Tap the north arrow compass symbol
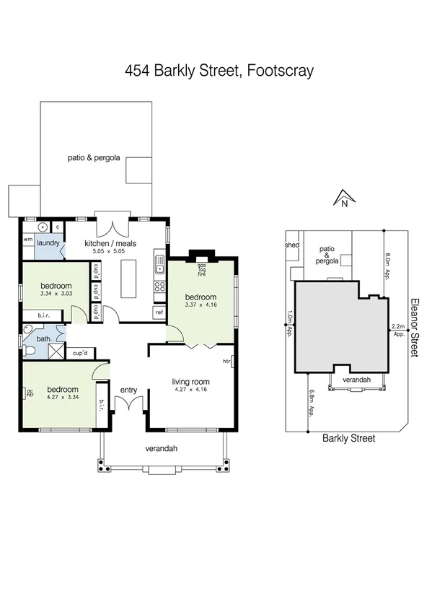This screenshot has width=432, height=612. point(344,198)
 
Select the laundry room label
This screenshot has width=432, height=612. point(48,244)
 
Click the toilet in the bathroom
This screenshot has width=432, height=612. point(30,351)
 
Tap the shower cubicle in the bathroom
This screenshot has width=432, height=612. point(54,351)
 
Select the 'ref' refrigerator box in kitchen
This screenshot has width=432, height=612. point(159,312)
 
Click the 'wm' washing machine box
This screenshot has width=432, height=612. point(28,240)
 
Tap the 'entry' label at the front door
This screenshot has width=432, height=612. point(128,390)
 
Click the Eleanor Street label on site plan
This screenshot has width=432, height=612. point(415,328)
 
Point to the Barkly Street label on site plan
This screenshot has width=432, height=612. point(348,437)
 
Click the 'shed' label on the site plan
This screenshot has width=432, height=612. point(292,245)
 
